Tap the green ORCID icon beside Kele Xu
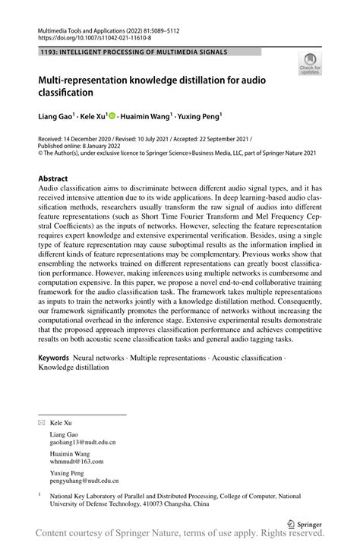[x=112, y=116]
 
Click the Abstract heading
[x=54, y=179]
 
